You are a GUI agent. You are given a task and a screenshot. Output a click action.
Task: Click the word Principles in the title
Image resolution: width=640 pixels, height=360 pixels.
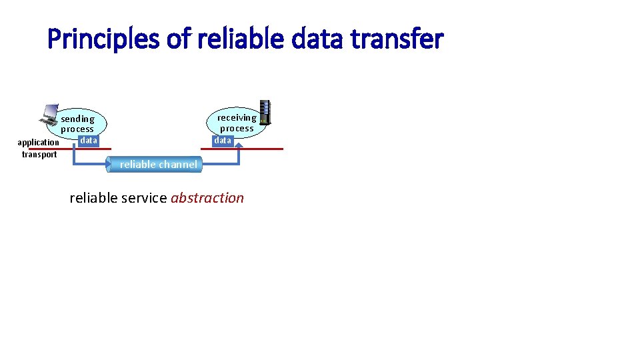[x=103, y=39]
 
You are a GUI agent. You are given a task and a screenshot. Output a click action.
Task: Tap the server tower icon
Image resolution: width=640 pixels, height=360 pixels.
[x=265, y=112]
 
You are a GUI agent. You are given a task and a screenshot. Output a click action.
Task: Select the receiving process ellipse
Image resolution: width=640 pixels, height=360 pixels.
[x=237, y=121]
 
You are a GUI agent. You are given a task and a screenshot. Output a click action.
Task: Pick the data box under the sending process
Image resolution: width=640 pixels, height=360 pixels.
[x=88, y=141]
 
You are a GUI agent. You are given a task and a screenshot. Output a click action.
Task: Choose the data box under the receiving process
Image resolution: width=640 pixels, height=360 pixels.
[x=223, y=141]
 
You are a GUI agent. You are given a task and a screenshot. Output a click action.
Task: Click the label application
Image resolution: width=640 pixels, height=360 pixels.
[x=38, y=143]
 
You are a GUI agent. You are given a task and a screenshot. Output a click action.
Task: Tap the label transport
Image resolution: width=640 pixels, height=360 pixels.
[x=39, y=155]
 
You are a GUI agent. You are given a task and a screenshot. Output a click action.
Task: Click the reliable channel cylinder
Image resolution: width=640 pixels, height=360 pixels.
[x=158, y=165]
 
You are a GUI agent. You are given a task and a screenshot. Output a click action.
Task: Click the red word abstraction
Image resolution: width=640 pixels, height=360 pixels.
[x=207, y=198]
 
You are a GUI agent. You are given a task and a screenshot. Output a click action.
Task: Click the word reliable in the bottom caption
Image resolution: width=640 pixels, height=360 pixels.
[x=91, y=198]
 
